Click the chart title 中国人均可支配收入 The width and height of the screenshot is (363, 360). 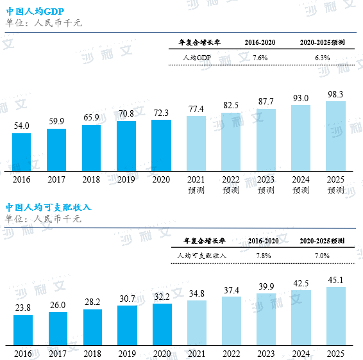[x=49, y=207]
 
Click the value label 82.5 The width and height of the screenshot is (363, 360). [x=231, y=105]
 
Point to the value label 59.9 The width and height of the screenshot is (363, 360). [x=56, y=120]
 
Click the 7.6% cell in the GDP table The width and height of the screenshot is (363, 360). [x=260, y=58]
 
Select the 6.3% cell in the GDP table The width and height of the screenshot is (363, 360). [x=322, y=58]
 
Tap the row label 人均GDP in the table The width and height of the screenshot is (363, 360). [x=196, y=58]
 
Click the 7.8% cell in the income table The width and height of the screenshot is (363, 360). [x=263, y=255]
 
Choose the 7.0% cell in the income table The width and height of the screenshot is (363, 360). [x=322, y=255]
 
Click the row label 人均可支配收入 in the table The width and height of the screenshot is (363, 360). [x=201, y=255]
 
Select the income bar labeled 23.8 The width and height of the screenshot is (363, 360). [x=22, y=330]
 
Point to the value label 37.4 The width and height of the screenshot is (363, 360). [x=231, y=290]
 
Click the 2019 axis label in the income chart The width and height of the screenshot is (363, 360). [x=126, y=354]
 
